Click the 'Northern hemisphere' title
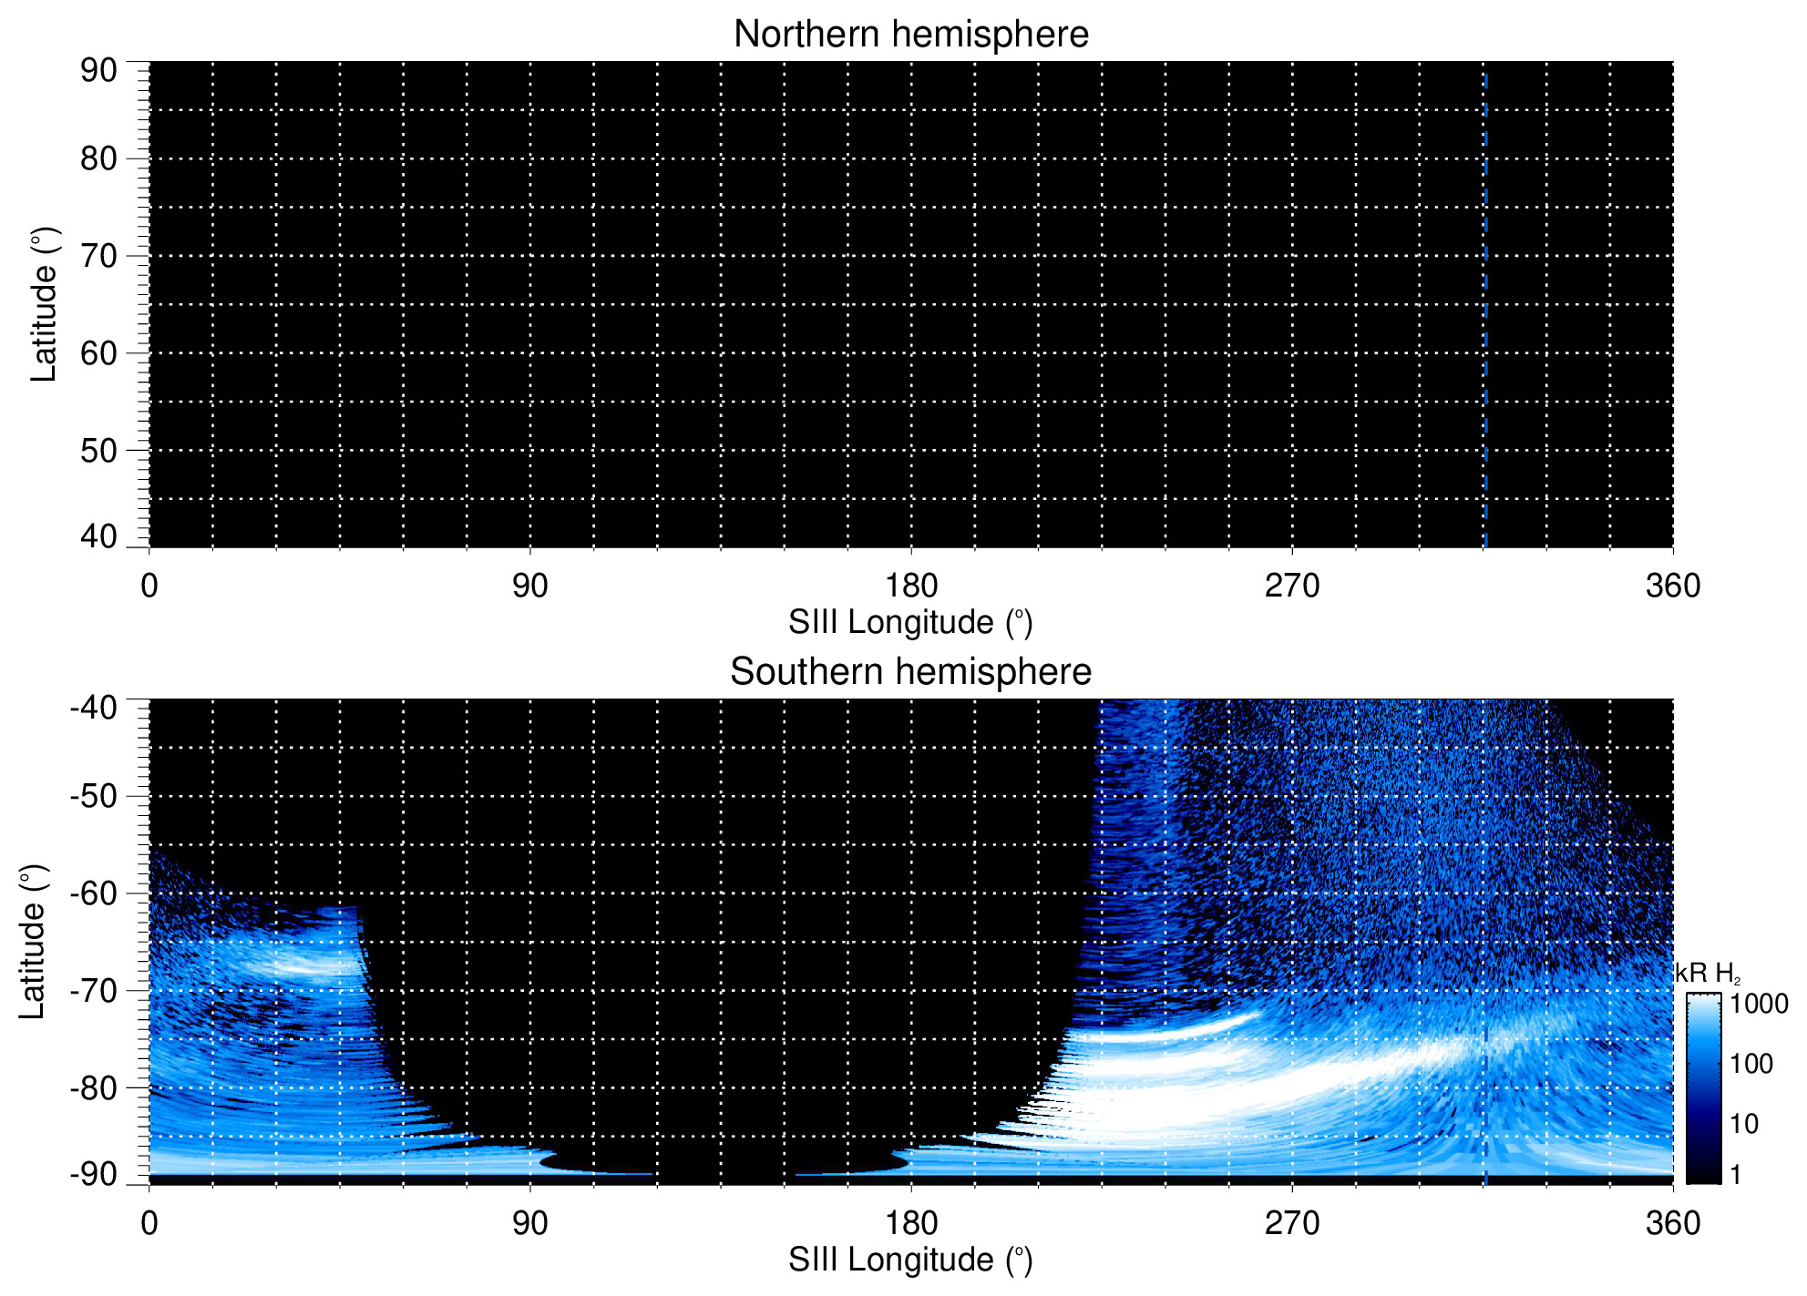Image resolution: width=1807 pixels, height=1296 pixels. pos(910,35)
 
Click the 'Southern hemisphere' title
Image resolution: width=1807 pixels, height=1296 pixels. pos(910,672)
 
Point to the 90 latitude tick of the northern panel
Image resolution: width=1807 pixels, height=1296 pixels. pos(98,70)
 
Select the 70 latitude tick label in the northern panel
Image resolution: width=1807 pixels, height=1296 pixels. pos(98,256)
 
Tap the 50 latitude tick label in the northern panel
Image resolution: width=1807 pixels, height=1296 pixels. pos(98,450)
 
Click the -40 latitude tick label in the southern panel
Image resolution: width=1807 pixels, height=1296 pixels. pos(93,707)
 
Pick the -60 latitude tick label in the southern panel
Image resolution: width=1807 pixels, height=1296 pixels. pos(93,893)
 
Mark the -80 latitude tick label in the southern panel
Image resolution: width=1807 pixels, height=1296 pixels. pos(93,1087)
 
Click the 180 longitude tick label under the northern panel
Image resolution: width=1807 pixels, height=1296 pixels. pos(911,586)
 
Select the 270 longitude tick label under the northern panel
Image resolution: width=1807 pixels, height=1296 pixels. pos(1292,586)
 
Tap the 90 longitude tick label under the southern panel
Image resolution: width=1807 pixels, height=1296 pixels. pos(529,1223)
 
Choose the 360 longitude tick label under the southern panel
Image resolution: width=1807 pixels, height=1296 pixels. pos(1673,1223)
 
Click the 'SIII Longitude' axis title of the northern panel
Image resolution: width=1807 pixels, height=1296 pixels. pos(910,623)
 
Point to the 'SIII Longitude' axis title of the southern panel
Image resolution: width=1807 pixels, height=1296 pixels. pos(910,1260)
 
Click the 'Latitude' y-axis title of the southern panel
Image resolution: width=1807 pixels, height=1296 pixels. pos(33,942)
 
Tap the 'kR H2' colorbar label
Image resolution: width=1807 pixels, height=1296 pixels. pos(1707,974)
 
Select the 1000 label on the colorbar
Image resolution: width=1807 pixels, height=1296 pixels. pos(1759,1004)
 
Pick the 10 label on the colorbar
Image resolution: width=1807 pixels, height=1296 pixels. pos(1744,1124)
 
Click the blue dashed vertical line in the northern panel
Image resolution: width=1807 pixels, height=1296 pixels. pos(1485,310)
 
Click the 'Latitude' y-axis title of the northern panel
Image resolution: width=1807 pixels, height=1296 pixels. pos(44,304)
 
